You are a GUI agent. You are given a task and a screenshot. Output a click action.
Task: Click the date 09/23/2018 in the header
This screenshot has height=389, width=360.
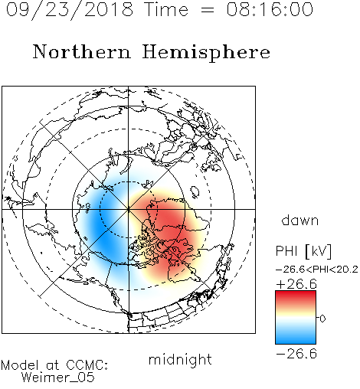[x=70, y=10]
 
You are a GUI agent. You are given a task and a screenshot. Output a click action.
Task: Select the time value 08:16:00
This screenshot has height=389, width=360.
[x=270, y=9]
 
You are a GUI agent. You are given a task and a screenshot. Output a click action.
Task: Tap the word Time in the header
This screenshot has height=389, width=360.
[x=166, y=9]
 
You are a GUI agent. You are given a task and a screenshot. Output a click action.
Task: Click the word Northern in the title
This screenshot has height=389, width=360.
[x=82, y=51]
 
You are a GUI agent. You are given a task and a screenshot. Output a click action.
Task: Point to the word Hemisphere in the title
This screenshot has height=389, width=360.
[x=206, y=53]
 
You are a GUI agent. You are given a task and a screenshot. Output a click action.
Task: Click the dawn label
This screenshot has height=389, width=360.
[x=300, y=221]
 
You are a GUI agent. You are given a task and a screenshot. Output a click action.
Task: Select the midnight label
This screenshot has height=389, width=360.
[x=180, y=360]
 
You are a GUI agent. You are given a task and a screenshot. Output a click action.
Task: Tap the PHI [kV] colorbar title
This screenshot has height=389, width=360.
[x=303, y=251]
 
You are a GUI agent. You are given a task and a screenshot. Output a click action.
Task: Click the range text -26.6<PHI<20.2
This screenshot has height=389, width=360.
[x=317, y=270]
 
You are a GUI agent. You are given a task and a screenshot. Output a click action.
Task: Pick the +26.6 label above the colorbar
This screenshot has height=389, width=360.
[x=296, y=284]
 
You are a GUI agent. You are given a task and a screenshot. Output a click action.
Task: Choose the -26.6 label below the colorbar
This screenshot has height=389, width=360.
[x=296, y=354]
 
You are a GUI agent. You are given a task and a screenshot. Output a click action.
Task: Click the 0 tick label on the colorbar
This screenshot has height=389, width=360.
[x=322, y=319]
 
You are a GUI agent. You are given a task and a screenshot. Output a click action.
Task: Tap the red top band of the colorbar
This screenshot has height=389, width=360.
[x=296, y=297]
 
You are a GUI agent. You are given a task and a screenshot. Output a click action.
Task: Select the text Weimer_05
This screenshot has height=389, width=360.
[x=57, y=378]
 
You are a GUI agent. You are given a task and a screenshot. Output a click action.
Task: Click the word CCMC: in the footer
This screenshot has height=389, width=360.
[x=87, y=365]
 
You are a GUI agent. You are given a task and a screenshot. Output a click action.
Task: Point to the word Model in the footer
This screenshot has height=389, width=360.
[x=20, y=365]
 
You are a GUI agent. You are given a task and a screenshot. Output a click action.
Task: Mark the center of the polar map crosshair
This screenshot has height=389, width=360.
[x=129, y=209]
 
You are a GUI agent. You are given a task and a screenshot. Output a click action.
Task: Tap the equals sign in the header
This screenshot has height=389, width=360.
[x=208, y=11]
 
